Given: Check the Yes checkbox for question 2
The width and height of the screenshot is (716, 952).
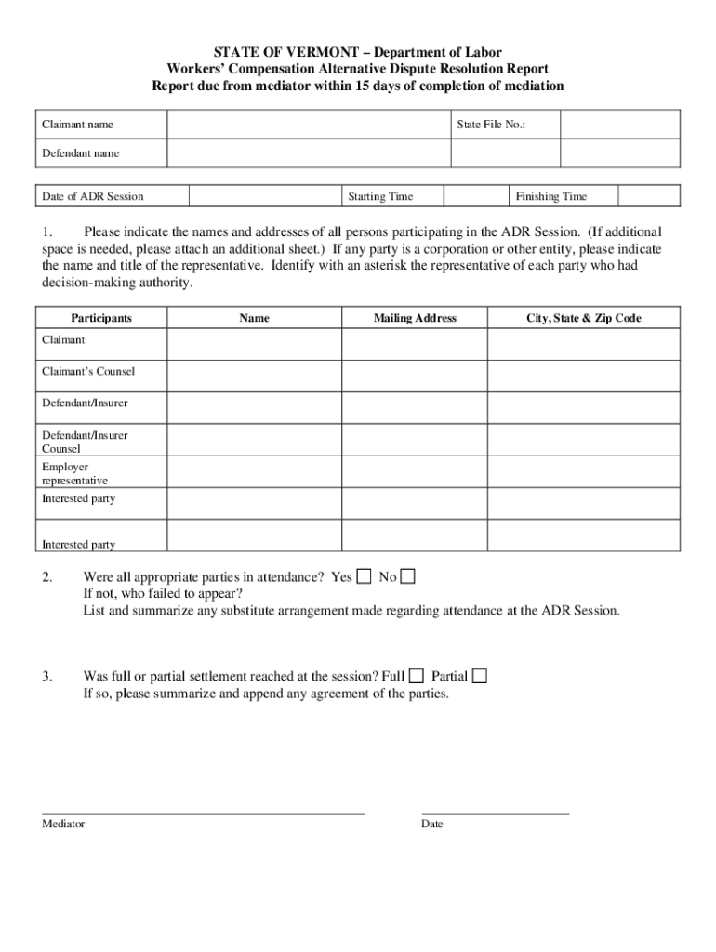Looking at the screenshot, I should tap(365, 576).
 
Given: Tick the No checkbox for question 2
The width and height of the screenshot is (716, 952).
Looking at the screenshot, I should tap(407, 576).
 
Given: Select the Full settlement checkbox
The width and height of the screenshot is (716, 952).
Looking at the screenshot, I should tap(417, 676).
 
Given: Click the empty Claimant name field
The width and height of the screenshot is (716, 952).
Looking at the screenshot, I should tap(308, 125).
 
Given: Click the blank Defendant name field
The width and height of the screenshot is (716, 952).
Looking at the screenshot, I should tap(362, 152).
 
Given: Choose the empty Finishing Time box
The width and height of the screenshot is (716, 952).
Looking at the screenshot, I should tap(650, 196).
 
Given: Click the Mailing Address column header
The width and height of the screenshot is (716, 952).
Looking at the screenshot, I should tap(415, 318).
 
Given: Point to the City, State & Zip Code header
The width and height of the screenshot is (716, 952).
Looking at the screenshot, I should tap(584, 318).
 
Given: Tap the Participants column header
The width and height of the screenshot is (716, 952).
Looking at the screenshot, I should tap(101, 318).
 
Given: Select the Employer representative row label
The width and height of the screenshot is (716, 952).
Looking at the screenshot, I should tap(75, 473).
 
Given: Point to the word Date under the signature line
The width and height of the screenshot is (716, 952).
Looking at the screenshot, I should tap(431, 825).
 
